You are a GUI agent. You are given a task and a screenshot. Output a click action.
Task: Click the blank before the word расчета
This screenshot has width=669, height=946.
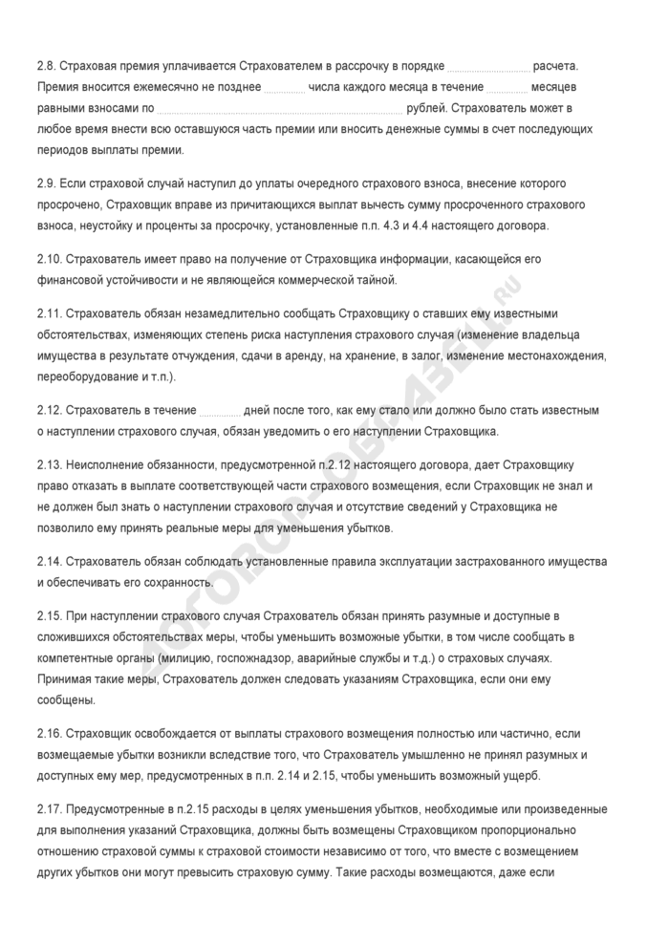point(488,66)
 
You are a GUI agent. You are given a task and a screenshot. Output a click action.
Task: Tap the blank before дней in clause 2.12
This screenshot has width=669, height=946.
point(220,410)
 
